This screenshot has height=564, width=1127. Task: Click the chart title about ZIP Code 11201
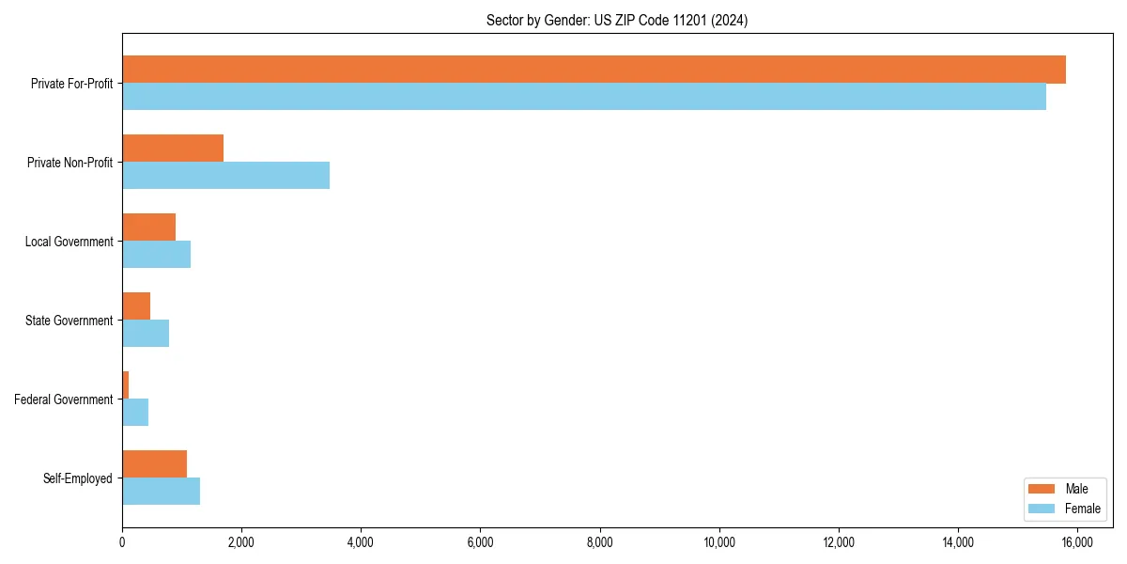point(617,20)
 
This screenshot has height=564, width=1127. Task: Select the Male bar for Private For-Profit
point(594,70)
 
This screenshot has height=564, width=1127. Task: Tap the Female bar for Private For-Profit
point(584,97)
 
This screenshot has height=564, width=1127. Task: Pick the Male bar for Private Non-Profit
point(173,149)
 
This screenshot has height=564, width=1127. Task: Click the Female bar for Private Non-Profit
point(225,176)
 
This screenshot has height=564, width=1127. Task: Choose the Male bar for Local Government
point(148,227)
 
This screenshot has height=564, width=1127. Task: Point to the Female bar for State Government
point(146,334)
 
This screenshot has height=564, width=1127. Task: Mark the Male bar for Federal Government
point(125,385)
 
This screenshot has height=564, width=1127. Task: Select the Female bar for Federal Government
point(135,413)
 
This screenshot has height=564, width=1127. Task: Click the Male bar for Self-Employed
point(154,464)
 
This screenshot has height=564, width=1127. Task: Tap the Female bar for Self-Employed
point(161,492)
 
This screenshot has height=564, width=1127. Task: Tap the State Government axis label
point(69,321)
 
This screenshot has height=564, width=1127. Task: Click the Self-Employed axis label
point(78,478)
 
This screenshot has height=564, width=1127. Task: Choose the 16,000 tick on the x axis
point(1077,542)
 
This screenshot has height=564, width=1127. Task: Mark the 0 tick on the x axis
point(122,542)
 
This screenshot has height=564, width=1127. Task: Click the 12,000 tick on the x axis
point(839,542)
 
